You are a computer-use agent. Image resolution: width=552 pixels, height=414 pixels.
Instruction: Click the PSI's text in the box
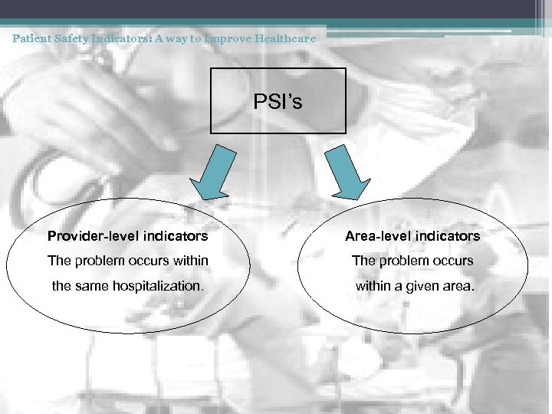(278, 101)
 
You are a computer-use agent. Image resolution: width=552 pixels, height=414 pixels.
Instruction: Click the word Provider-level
(87, 236)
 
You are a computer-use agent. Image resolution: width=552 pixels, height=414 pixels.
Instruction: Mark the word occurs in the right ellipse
(454, 261)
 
